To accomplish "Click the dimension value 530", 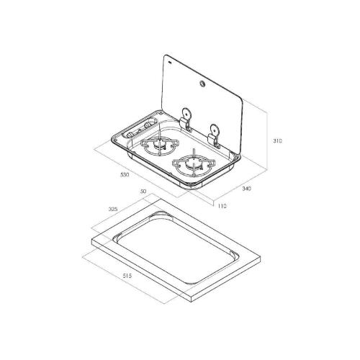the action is pos(125,175).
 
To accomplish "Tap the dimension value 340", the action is pos(246,189).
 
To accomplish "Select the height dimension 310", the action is pos(278,141).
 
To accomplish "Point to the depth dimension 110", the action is pos(222,206).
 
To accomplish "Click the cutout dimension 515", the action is pos(127,276).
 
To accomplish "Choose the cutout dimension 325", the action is pos(113,209).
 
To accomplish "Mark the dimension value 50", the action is pos(143,192).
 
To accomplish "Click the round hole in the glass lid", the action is pos(201,84).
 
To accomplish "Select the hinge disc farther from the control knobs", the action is pos(215,130).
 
